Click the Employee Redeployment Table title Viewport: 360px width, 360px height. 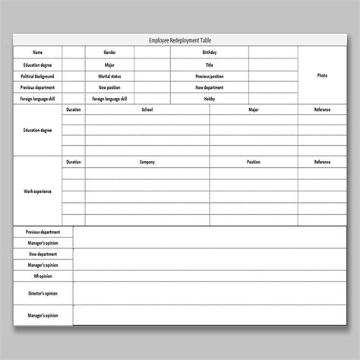[x=180, y=40]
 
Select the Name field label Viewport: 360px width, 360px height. [x=37, y=52]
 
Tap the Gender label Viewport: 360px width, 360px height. [x=109, y=52]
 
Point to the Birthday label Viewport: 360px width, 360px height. [x=209, y=52]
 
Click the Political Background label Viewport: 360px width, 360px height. [x=37, y=76]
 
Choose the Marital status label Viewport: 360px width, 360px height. [x=109, y=76]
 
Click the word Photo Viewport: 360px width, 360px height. [x=321, y=76]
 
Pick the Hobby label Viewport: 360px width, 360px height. [x=209, y=99]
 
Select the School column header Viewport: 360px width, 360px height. [x=147, y=110]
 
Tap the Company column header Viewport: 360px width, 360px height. [x=147, y=162]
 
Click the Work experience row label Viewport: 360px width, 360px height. [x=37, y=191]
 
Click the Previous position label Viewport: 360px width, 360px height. [x=209, y=76]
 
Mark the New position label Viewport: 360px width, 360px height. [x=109, y=87]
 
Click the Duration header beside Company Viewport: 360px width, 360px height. [x=73, y=162]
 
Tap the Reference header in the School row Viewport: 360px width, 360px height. [x=322, y=110]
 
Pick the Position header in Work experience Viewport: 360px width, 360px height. [x=253, y=162]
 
